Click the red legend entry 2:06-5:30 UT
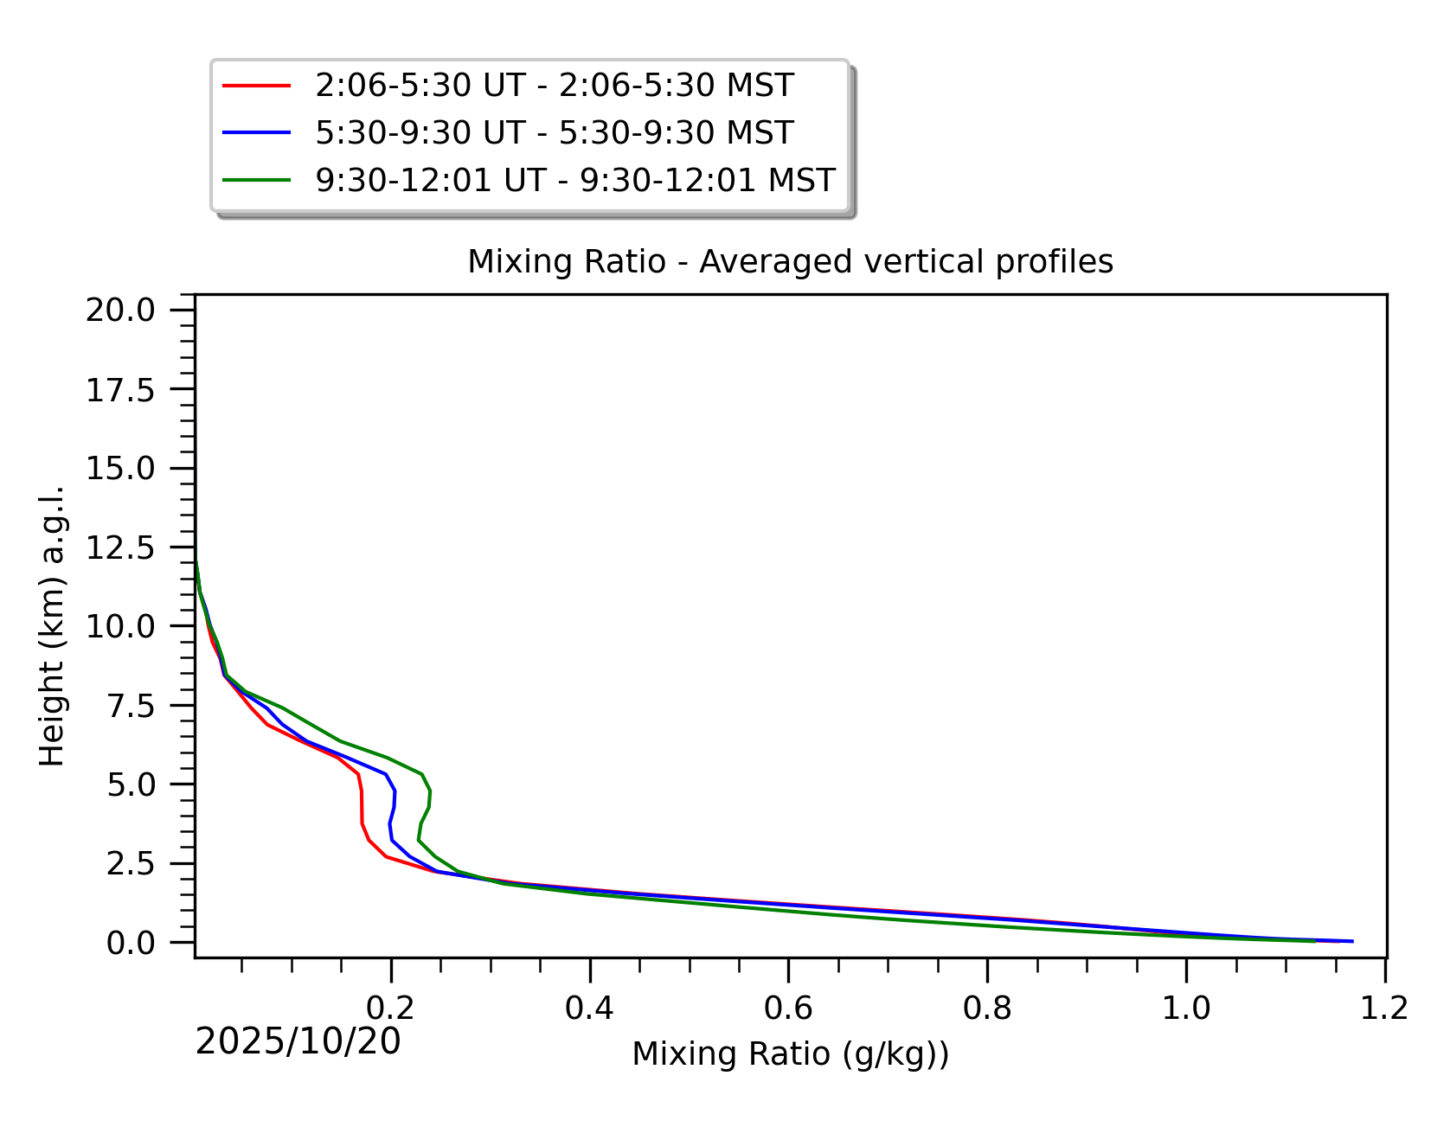554,86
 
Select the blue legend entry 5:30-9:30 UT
554,133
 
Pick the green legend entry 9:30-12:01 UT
574,181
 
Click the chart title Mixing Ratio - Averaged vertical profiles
790,261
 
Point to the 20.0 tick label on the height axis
119,310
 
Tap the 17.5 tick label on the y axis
119,391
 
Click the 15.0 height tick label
119,469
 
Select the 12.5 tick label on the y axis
119,547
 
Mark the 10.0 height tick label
119,626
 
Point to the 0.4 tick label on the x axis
589,1009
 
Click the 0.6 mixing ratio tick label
788,1009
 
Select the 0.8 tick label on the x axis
987,1009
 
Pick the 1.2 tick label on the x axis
1384,1009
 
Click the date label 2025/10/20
298,1042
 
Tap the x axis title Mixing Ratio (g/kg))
790,1054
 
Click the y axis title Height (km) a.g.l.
52,626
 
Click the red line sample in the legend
256,86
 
